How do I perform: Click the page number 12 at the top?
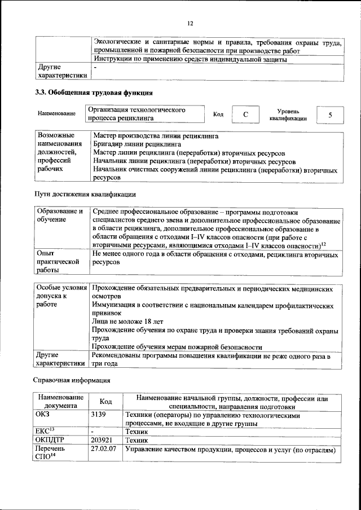190,23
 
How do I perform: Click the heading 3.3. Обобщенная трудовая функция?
94,93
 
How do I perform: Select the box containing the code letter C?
245,115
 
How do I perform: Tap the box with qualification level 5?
330,115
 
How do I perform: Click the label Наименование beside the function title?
56,114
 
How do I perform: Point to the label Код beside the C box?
218,115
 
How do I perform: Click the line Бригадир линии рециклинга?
133,144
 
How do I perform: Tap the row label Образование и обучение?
60,215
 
